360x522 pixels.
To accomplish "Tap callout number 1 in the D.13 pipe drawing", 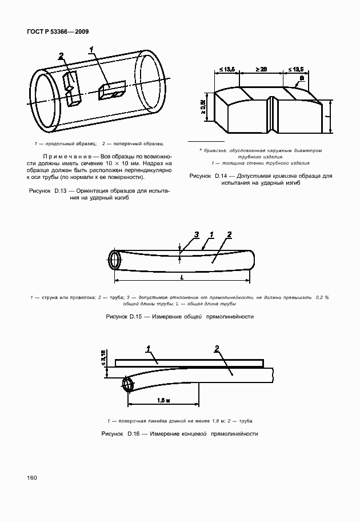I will tap(91, 51).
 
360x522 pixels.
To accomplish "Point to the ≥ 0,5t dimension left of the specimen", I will tap(205, 106).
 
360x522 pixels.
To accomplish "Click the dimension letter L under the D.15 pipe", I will tap(181, 277).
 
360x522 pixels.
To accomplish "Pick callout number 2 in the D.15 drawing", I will tap(229, 234).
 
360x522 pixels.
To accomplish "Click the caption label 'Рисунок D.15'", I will tap(125, 316).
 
